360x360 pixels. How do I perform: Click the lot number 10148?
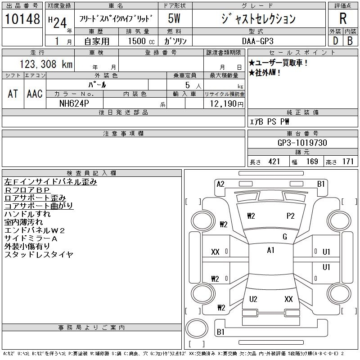(x=22, y=19)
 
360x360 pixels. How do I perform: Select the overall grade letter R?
(x=343, y=18)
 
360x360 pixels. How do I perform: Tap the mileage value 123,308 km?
(x=46, y=64)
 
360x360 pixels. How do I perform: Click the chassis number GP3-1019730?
(x=302, y=143)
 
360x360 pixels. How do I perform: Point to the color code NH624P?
(x=74, y=103)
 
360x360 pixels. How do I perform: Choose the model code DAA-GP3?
(x=258, y=41)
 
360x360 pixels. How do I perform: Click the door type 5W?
(x=174, y=18)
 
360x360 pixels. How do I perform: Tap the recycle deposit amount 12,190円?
(x=226, y=104)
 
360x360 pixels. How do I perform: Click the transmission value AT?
(x=13, y=94)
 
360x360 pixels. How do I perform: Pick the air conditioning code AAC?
(x=35, y=94)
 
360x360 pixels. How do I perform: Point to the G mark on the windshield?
(x=285, y=237)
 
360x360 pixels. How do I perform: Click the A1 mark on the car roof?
(x=271, y=250)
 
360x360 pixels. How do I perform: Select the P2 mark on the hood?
(x=290, y=216)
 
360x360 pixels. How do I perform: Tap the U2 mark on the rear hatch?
(x=253, y=299)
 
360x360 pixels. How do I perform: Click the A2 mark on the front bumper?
(x=220, y=184)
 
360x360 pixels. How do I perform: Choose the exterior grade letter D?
(x=336, y=41)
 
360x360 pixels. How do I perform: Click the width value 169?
(x=312, y=162)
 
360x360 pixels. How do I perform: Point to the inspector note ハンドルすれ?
(x=27, y=214)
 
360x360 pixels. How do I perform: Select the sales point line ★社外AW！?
(x=265, y=73)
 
